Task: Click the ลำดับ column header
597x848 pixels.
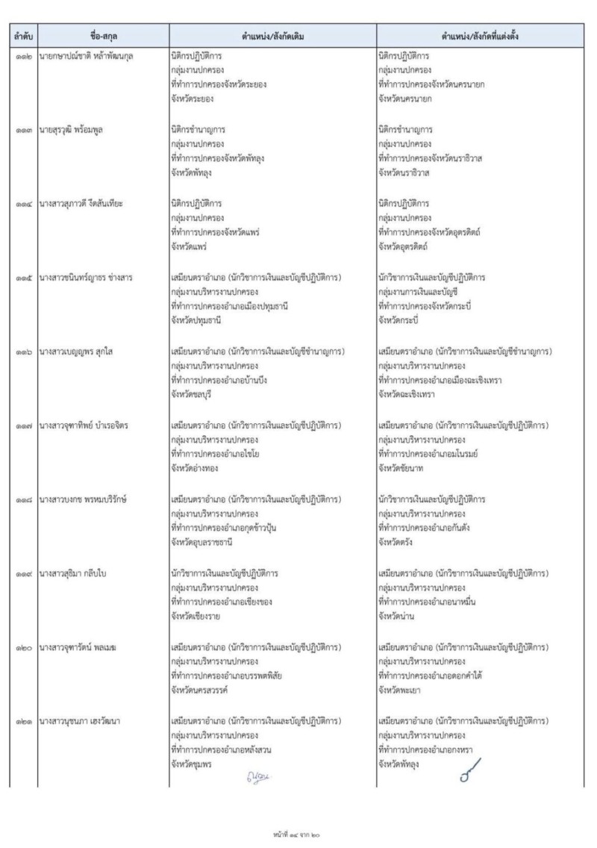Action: point(19,35)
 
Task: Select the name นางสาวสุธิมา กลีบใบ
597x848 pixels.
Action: point(75,573)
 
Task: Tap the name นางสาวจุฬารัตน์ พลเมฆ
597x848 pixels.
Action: point(78,647)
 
